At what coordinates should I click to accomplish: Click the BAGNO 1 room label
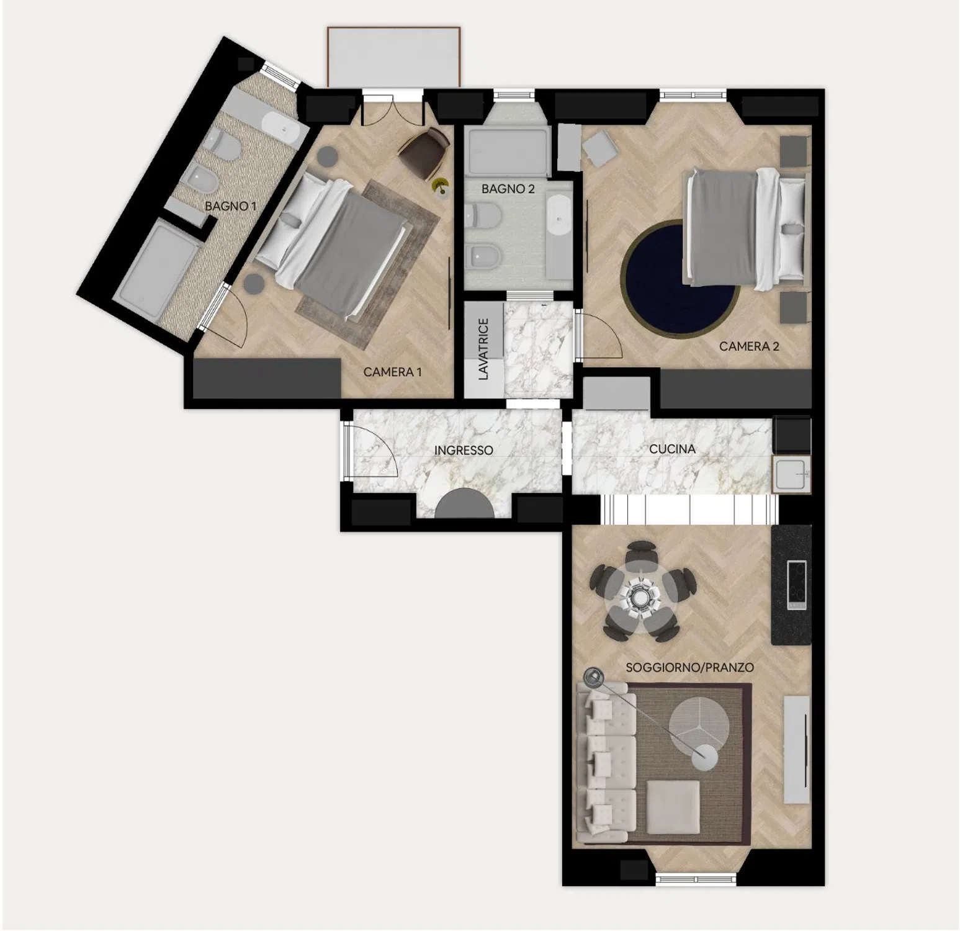(230, 206)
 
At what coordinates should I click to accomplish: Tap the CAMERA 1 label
(392, 372)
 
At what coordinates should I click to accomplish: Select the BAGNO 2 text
(508, 189)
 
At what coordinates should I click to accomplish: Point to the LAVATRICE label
(484, 349)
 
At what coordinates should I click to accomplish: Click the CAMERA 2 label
(749, 346)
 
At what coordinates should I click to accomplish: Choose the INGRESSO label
(464, 450)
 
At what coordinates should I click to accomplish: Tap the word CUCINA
(672, 448)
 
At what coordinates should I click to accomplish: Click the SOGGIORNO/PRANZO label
(689, 667)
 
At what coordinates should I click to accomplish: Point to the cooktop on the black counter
(796, 584)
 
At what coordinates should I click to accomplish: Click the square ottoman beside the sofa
(673, 807)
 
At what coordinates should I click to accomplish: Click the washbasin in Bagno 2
(560, 216)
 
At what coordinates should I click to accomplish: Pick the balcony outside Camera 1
(393, 56)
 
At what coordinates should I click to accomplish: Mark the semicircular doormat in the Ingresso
(465, 504)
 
